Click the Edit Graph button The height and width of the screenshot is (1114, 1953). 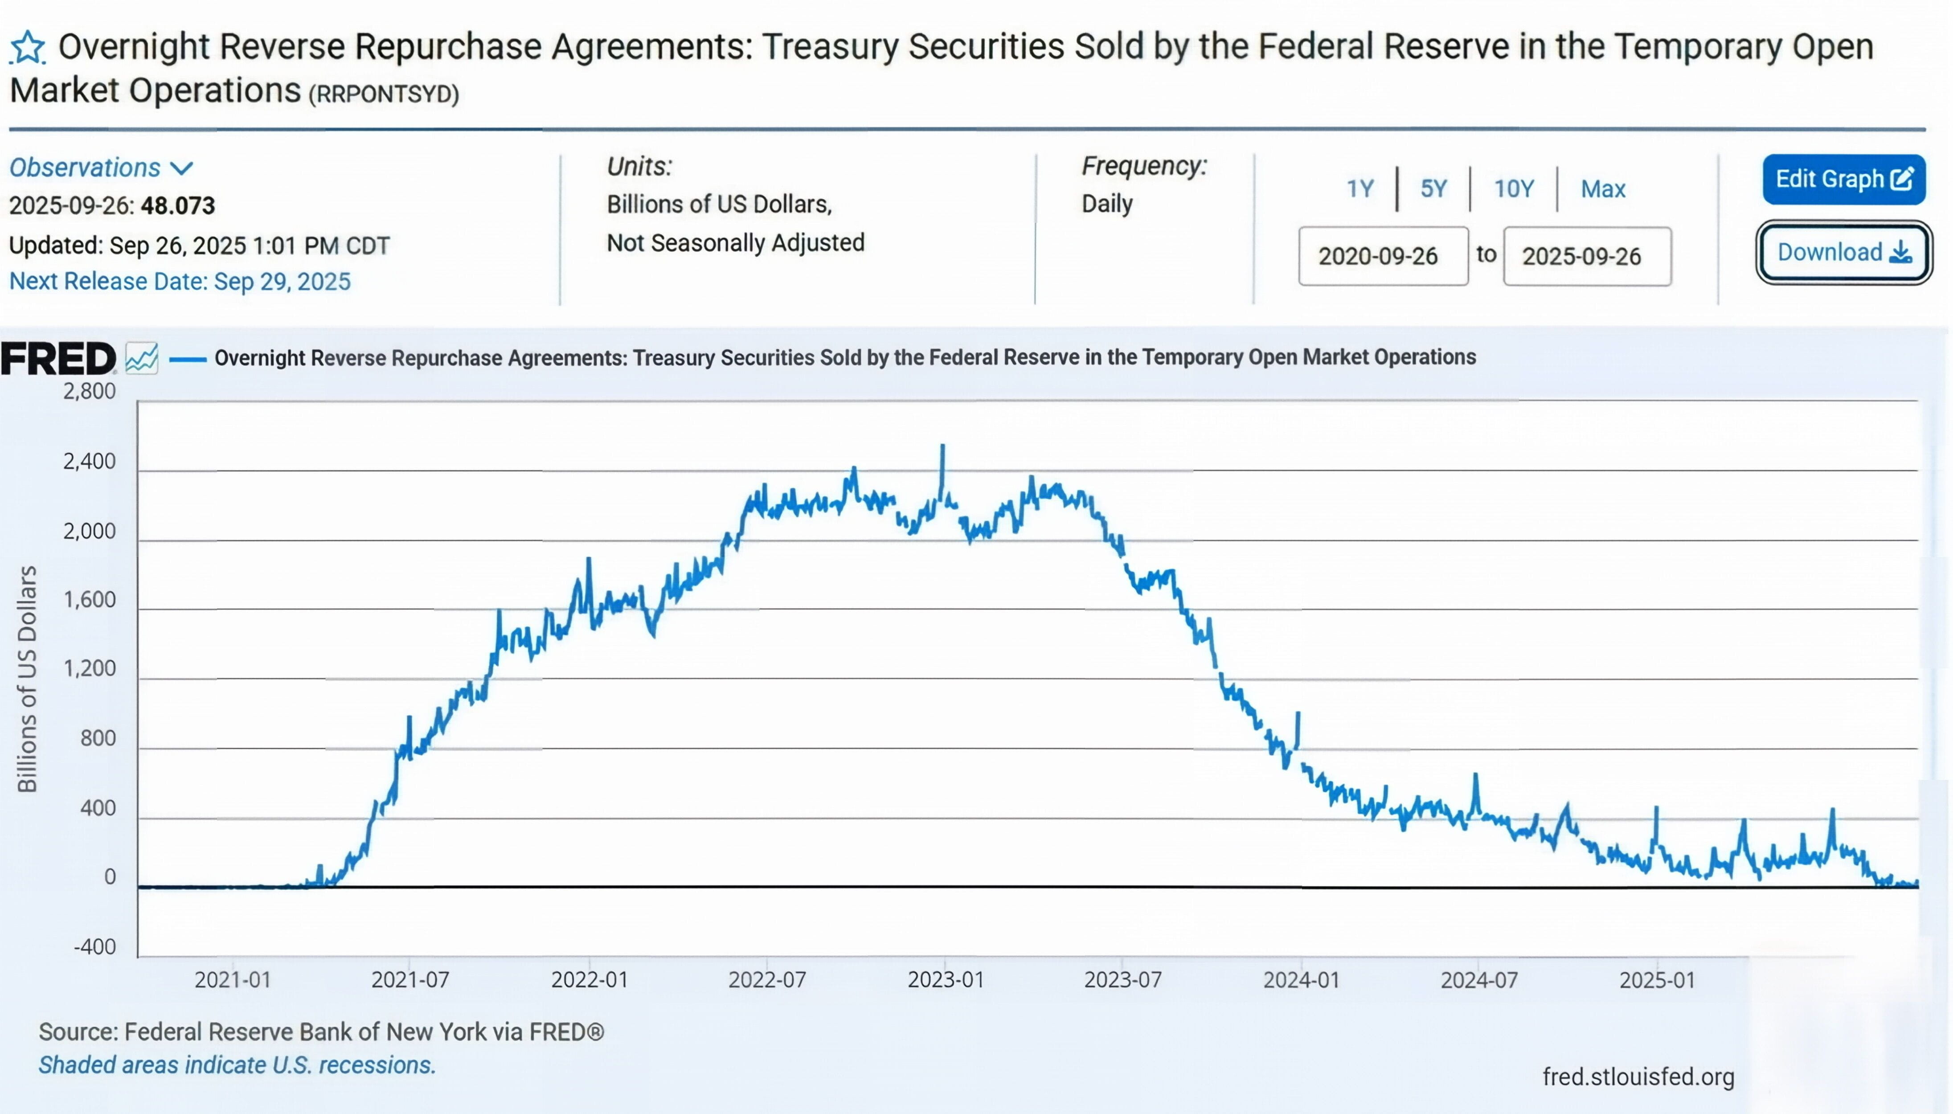point(1843,179)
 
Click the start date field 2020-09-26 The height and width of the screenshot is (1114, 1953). point(1382,255)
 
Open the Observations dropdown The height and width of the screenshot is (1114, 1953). point(101,168)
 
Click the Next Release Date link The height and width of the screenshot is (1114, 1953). point(180,282)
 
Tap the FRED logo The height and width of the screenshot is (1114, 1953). point(58,359)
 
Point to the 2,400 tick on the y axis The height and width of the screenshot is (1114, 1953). point(90,461)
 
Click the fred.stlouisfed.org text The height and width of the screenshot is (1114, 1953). point(1638,1077)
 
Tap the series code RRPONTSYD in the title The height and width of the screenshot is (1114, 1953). point(383,94)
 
